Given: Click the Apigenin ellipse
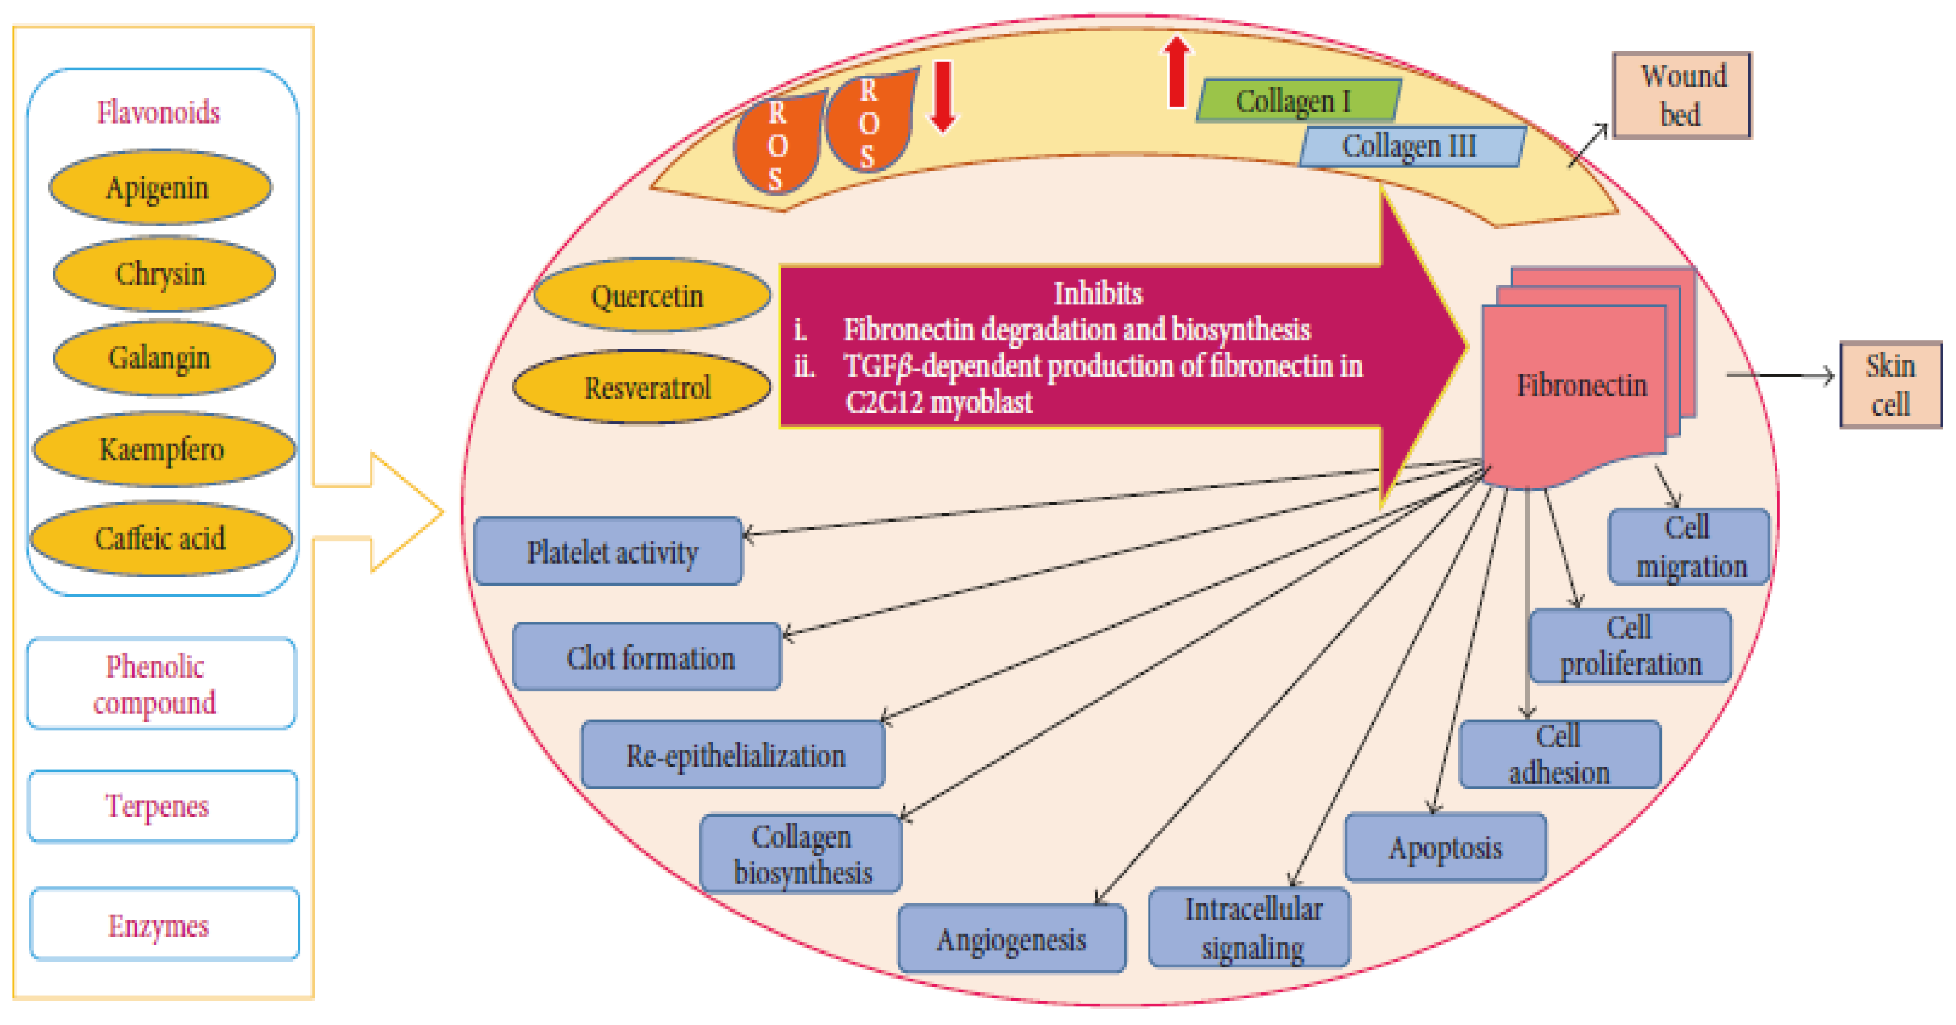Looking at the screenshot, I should coord(159,187).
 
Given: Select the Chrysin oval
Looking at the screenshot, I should coord(162,274).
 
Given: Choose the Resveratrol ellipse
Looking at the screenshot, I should coord(643,388).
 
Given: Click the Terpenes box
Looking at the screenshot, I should coord(162,806).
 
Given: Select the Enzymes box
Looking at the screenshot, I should coord(163,925).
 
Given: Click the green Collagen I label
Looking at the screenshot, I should coord(1298,101).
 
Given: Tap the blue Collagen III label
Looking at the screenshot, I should coord(1410,147).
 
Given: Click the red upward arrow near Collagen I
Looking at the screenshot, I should coord(1176,72).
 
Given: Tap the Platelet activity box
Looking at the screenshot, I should coord(608,552).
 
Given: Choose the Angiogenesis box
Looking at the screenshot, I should coord(1011,940).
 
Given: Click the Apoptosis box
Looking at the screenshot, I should coord(1444,848).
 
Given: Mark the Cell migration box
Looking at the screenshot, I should coord(1689,547).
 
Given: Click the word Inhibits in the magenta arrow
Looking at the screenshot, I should coord(1097,293).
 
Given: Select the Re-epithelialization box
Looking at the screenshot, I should coord(733,755).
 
